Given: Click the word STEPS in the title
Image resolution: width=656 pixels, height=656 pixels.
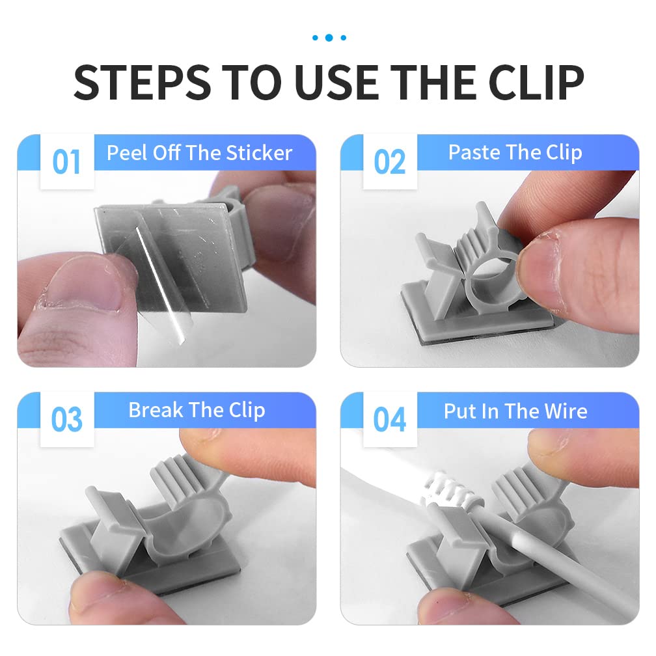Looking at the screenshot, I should point(143,83).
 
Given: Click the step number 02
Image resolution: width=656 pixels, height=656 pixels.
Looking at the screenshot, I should point(389,162).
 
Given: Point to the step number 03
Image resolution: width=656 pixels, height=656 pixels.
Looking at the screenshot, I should point(66,420).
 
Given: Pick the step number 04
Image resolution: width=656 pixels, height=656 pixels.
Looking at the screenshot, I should point(389,420).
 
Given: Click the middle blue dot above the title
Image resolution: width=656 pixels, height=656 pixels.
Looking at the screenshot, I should point(329,38).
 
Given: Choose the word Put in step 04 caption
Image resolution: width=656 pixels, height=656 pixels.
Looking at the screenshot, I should point(458,411).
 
